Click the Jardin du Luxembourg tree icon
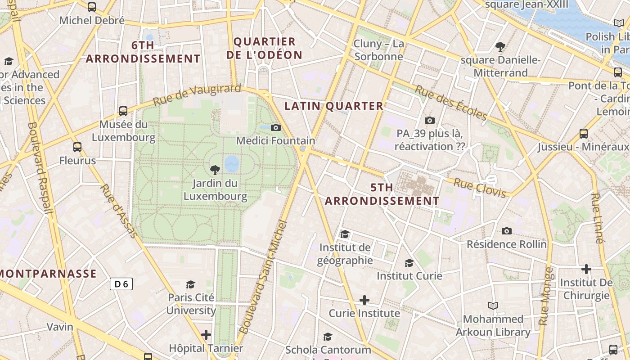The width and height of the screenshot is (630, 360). [x=215, y=170]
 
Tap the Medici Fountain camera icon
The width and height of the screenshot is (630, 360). [x=276, y=128]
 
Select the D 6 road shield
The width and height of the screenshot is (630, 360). [x=121, y=284]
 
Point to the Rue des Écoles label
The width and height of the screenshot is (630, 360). [x=450, y=103]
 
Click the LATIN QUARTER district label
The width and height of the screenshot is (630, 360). [x=334, y=106]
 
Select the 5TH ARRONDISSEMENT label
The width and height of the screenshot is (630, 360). [x=382, y=194]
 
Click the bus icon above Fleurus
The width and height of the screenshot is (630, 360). [x=77, y=147]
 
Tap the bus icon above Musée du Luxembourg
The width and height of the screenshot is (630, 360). [x=123, y=111]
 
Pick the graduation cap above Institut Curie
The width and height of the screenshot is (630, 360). [x=409, y=263]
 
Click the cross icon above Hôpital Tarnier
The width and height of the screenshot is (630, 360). [x=206, y=335]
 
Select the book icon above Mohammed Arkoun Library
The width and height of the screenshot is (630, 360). [x=493, y=306]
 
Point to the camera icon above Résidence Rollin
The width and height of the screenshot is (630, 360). [x=507, y=231]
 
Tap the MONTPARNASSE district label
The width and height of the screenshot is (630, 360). [x=49, y=274]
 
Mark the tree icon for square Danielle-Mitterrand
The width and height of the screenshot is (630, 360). [x=500, y=46]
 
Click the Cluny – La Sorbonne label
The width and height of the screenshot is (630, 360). [x=378, y=50]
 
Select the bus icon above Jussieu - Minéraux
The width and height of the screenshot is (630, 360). [x=584, y=133]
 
